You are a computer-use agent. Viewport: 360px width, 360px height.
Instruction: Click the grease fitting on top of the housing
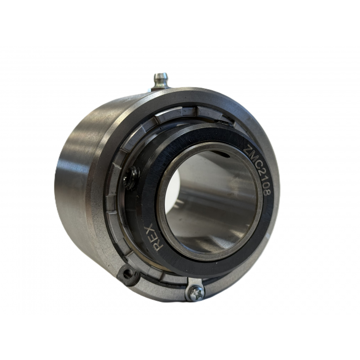click(x=160, y=81)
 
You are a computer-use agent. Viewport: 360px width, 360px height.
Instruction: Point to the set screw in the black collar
click(x=132, y=178)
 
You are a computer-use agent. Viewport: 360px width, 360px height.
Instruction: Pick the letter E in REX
click(x=155, y=237)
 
